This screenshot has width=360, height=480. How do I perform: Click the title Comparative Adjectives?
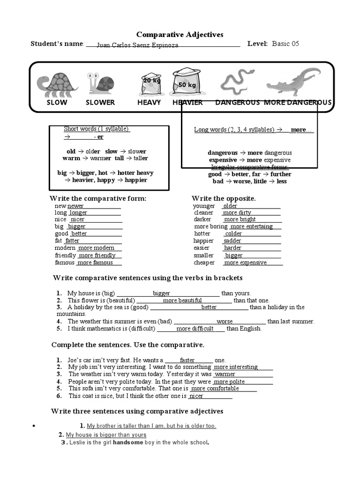tap(180, 34)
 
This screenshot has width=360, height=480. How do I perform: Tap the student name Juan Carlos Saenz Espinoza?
tap(137, 45)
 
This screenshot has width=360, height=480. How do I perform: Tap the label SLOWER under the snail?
tap(100, 103)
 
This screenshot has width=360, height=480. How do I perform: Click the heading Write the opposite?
tap(224, 198)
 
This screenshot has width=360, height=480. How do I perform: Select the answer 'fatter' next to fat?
tap(73, 241)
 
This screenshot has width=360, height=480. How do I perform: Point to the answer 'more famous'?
tap(96, 262)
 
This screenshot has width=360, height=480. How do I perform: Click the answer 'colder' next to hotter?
tap(233, 233)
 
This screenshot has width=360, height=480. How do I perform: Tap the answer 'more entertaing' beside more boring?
tap(252, 226)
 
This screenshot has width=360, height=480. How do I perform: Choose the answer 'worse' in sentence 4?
tap(225, 322)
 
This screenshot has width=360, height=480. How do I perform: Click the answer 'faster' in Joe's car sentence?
tap(187, 360)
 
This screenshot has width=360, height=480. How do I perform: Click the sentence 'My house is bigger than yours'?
tap(106, 435)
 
